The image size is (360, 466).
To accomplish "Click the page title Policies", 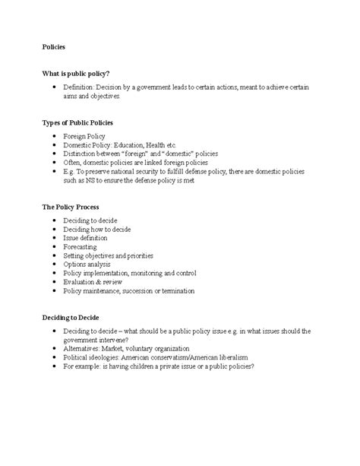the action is coord(53,47).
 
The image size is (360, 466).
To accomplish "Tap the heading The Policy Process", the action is coord(71,207).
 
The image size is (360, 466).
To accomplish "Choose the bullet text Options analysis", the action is coord(88,264).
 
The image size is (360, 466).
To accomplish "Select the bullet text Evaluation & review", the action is coord(93,281).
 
